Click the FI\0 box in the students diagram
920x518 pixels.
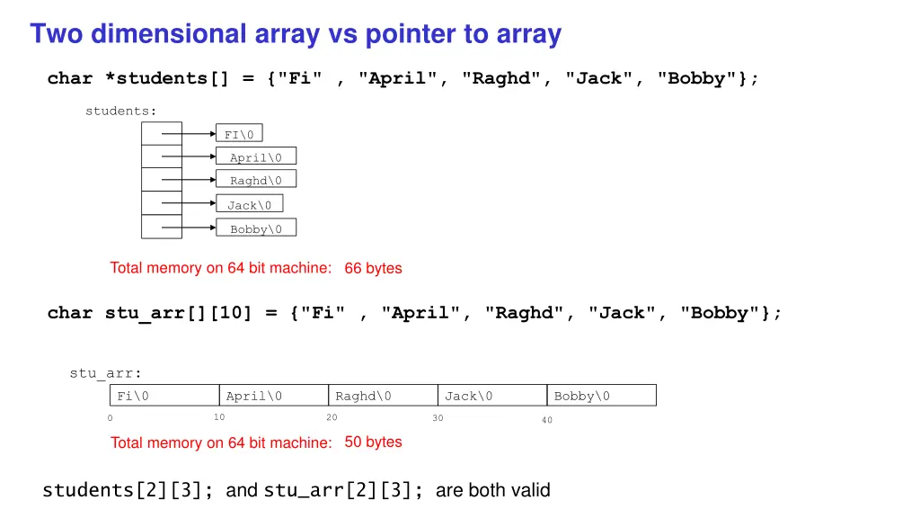click(x=239, y=134)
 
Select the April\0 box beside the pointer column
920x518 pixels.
click(x=256, y=156)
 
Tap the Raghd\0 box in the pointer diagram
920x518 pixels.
click(x=256, y=180)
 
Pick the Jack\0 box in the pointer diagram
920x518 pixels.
click(x=249, y=204)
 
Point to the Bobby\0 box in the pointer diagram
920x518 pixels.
click(x=256, y=228)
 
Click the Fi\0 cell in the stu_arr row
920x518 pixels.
click(x=164, y=396)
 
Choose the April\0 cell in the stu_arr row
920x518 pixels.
click(x=273, y=396)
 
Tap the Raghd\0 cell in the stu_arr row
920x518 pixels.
click(x=383, y=396)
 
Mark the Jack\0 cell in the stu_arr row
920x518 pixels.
click(x=492, y=396)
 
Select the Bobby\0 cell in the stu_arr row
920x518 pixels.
click(x=602, y=396)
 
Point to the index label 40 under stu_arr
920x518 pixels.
click(x=547, y=420)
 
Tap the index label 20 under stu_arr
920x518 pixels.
click(x=332, y=417)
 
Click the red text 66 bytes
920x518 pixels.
click(x=373, y=268)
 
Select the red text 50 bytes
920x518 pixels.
click(x=373, y=442)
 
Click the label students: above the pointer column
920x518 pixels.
click(x=120, y=111)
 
